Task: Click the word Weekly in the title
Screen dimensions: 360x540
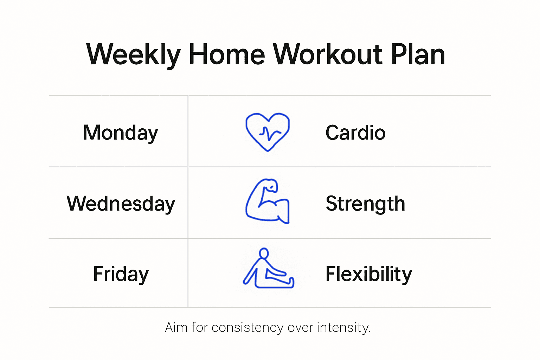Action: [134, 54]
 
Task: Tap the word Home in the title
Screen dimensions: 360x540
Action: [227, 54]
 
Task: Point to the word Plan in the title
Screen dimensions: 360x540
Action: [418, 54]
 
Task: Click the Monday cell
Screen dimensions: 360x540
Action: [121, 133]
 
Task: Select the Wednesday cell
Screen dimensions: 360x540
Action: [121, 204]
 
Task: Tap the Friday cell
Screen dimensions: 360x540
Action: [121, 274]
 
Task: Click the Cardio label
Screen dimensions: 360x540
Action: [355, 133]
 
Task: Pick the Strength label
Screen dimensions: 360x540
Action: [365, 204]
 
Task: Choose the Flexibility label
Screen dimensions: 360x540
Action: [369, 274]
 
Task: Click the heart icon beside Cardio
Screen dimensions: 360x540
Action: [268, 132]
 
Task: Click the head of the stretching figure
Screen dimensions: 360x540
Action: [264, 253]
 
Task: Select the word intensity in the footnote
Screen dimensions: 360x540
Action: [343, 327]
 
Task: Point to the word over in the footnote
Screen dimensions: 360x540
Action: [300, 327]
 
